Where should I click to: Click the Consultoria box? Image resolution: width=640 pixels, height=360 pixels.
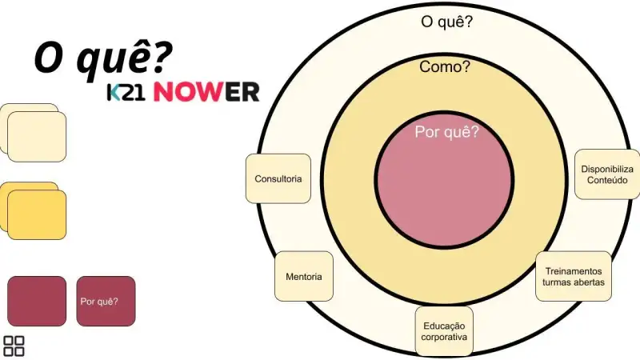click(278, 178)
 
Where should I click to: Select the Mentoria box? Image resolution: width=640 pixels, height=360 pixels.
click(304, 276)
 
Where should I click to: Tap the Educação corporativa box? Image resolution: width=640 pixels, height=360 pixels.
click(444, 331)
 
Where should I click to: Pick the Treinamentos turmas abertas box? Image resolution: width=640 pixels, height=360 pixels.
click(574, 276)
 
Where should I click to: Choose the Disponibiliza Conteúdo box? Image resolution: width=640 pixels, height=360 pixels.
click(607, 174)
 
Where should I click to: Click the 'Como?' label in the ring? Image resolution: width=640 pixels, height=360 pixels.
click(445, 66)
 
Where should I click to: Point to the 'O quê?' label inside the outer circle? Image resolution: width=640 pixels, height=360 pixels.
click(446, 22)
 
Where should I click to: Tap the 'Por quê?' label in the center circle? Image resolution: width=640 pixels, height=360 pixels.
click(446, 132)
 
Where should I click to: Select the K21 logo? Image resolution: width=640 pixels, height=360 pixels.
click(126, 92)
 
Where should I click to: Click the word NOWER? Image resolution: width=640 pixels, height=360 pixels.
click(206, 92)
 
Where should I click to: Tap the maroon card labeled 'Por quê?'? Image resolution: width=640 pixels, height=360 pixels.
click(106, 302)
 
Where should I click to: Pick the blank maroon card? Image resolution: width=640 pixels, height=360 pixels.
click(37, 302)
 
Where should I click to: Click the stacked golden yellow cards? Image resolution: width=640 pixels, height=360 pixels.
click(33, 210)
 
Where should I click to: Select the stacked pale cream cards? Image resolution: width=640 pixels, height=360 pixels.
click(33, 133)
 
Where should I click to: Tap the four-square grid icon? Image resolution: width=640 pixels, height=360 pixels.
click(14, 346)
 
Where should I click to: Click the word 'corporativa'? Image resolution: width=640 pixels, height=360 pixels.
click(444, 337)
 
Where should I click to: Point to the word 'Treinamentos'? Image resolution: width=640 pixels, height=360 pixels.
click(574, 271)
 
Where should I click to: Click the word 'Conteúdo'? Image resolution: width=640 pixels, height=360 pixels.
click(607, 180)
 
